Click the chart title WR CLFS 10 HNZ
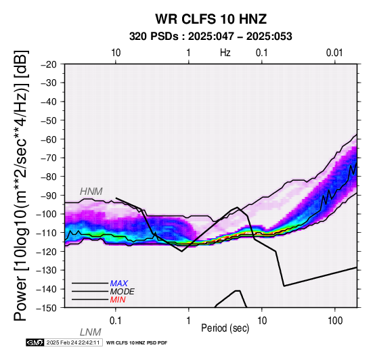[x=211, y=19]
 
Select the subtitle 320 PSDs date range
[x=211, y=37]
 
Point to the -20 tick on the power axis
[x=49, y=64]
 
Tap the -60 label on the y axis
[x=49, y=139]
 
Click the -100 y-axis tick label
[x=47, y=214]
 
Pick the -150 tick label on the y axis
[x=47, y=308]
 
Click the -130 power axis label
[x=47, y=270]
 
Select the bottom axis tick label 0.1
[x=116, y=321]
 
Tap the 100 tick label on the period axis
[x=335, y=321]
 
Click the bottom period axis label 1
[x=189, y=321]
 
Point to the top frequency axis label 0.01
[x=334, y=53]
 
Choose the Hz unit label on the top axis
[x=225, y=53]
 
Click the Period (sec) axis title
[x=225, y=328]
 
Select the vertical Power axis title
[x=21, y=185]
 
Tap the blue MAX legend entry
[x=119, y=284]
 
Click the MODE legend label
[x=123, y=292]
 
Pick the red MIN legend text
[x=118, y=300]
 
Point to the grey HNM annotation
[x=91, y=192]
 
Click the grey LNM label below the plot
[x=91, y=332]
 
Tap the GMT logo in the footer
[x=35, y=342]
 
